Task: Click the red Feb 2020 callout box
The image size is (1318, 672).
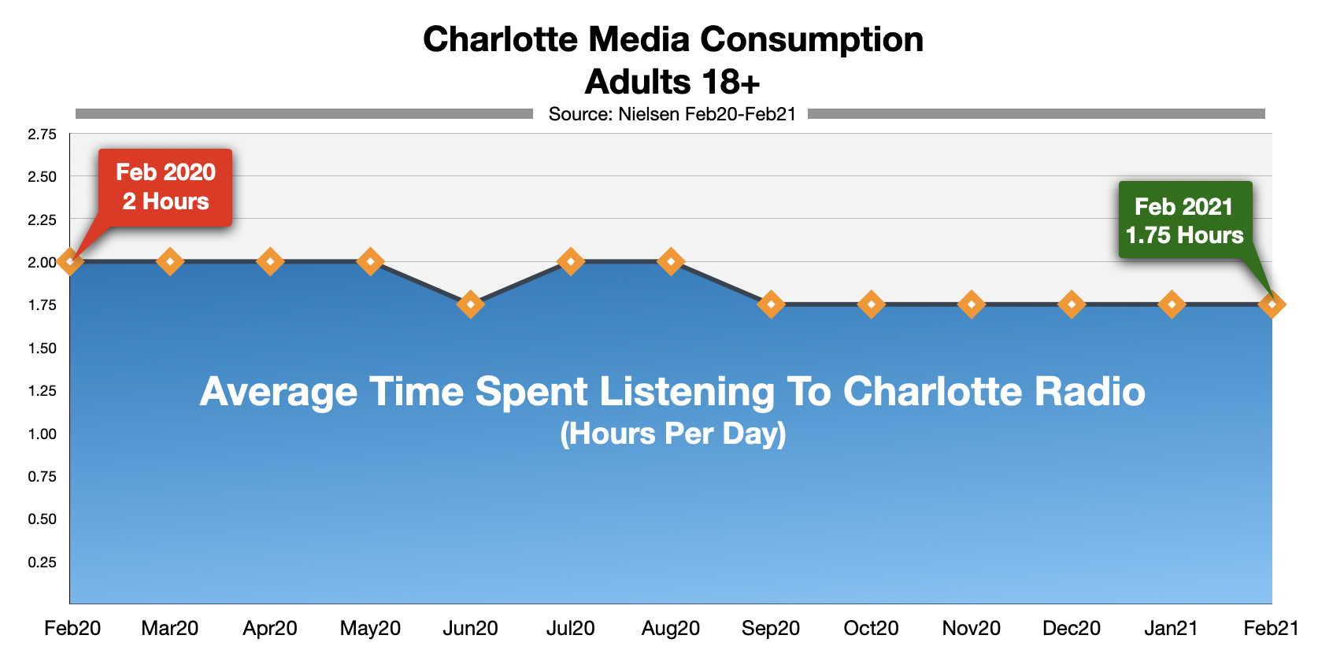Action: tap(165, 187)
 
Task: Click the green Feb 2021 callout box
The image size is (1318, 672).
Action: tap(1185, 220)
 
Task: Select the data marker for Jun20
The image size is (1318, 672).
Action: tap(471, 304)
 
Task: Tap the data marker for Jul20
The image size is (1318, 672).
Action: tap(571, 261)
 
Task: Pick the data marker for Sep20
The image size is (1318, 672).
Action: tap(771, 304)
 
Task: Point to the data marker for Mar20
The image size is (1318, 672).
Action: tap(170, 261)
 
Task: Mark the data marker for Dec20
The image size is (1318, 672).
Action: tap(1072, 304)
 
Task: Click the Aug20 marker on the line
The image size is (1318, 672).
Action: tap(671, 261)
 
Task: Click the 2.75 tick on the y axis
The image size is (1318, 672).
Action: tap(43, 135)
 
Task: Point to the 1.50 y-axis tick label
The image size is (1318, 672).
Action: tap(43, 348)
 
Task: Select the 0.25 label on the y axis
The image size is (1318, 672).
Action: tap(43, 562)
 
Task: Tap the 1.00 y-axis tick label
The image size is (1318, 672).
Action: tap(43, 434)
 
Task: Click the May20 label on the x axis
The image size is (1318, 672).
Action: tap(370, 628)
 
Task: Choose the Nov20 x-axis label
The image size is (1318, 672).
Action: tap(972, 628)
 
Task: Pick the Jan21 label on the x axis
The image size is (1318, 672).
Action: tap(1172, 628)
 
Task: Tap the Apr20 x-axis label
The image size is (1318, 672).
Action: tap(270, 628)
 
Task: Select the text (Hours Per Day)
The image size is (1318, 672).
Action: tap(673, 434)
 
